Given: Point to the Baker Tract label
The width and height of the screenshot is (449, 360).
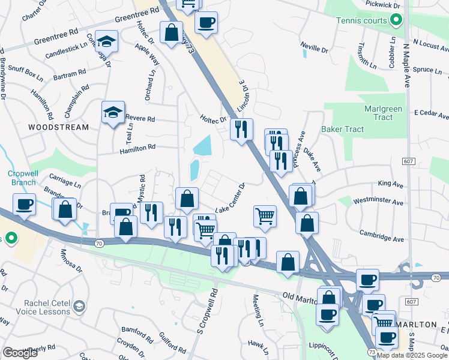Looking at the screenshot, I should point(342,129).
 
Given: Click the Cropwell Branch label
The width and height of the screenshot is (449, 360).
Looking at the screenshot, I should point(23,178).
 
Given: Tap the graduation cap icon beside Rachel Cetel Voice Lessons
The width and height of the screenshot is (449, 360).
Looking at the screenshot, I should point(79,308).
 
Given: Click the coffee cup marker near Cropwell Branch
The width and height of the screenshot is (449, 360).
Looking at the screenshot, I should point(24,205).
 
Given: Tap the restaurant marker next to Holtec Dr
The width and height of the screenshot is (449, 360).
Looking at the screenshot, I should point(241,128).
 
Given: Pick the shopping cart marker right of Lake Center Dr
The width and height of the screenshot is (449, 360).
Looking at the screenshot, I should point(265,215).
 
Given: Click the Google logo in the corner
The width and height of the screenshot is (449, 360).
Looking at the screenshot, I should point(20,353).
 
